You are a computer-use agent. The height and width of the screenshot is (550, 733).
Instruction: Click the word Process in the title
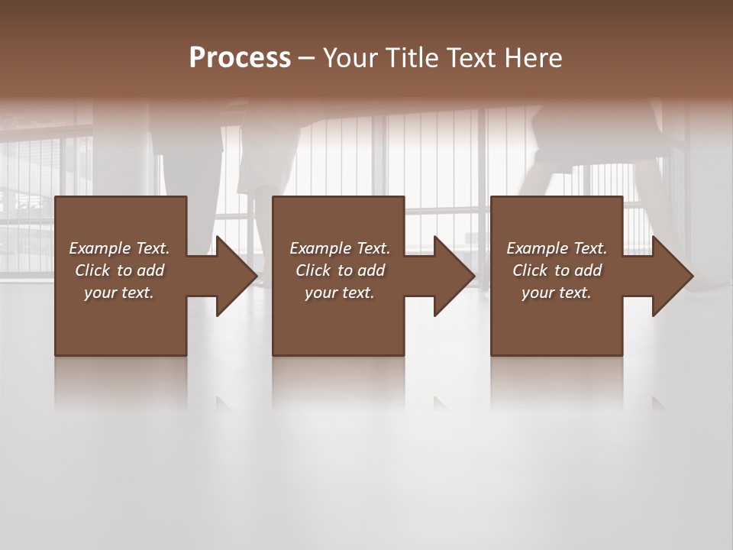[240, 57]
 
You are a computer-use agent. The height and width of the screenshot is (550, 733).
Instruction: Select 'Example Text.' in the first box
[119, 248]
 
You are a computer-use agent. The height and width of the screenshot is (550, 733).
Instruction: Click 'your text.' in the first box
[119, 293]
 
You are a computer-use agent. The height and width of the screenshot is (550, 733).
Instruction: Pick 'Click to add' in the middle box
[340, 270]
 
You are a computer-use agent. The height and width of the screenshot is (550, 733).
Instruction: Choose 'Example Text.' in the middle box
[340, 248]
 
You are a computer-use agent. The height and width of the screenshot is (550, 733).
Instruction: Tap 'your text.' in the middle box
[340, 293]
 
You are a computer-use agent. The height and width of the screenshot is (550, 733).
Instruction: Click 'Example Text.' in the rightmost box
[557, 248]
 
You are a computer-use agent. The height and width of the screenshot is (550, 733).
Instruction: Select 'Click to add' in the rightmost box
[557, 270]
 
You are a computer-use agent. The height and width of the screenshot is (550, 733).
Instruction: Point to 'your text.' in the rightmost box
[557, 293]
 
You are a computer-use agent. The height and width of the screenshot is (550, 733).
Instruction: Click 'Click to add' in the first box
[119, 270]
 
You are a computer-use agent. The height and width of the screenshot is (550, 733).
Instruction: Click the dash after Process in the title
[307, 59]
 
